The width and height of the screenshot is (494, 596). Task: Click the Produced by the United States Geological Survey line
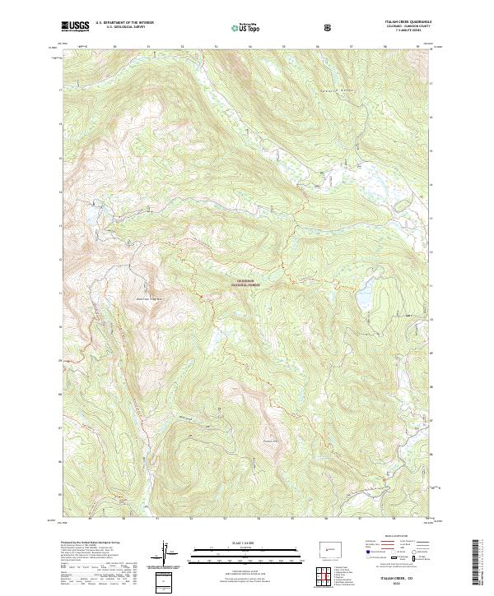(x=86, y=543)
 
